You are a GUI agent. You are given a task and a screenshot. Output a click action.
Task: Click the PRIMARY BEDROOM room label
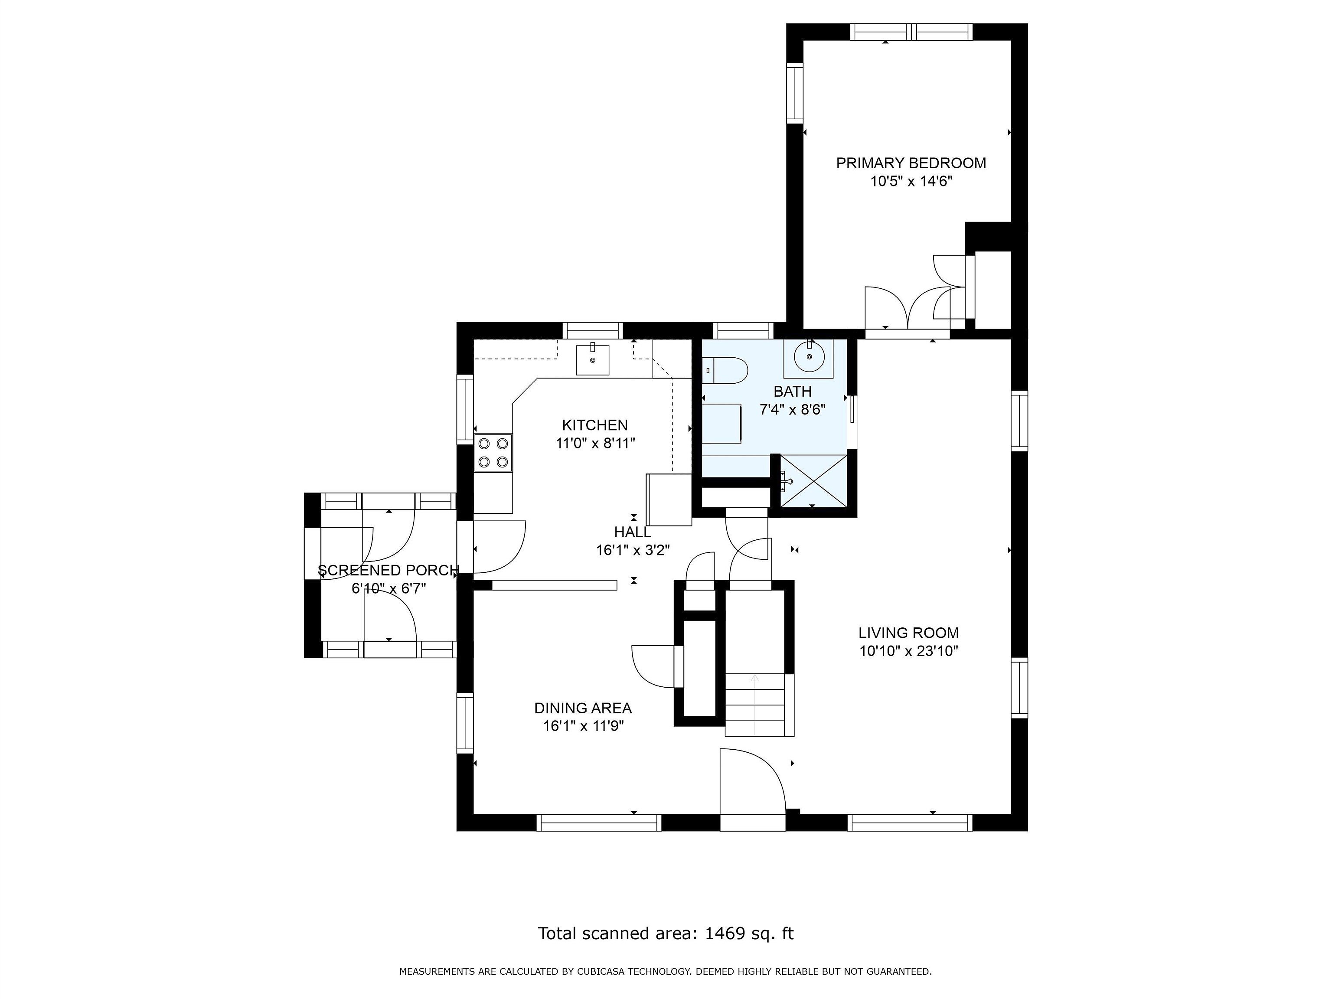tap(911, 163)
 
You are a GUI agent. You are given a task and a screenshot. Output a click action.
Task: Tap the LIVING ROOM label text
tap(908, 633)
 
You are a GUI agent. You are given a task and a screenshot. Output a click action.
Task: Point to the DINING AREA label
tap(582, 708)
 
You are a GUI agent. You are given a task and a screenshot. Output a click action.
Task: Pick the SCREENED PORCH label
tap(388, 570)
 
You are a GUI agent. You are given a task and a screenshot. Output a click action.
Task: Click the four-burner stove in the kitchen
tap(493, 453)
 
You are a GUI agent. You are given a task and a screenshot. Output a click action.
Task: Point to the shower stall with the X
tap(813, 481)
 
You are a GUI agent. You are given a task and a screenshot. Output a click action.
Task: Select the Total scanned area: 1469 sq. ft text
tap(666, 934)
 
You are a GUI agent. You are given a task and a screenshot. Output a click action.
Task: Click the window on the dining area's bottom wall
tap(598, 823)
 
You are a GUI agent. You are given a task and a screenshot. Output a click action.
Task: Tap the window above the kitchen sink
tap(593, 330)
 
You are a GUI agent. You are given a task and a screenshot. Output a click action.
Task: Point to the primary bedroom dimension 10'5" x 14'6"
tap(911, 181)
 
